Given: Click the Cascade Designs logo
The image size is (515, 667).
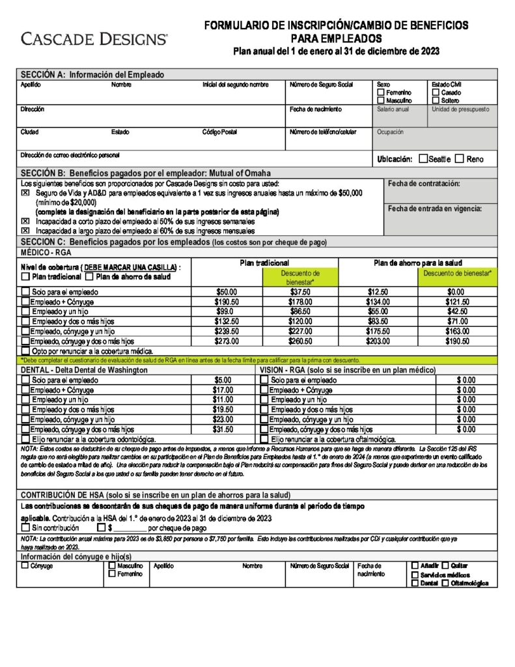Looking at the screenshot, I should (x=94, y=39).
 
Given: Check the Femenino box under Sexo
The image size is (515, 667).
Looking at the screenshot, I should (x=381, y=93).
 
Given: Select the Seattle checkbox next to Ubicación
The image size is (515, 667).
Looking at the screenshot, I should (x=424, y=158).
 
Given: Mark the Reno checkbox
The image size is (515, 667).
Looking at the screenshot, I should (x=460, y=158).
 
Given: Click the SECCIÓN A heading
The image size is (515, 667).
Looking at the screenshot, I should (x=92, y=74).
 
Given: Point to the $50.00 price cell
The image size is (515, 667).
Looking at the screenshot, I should (x=226, y=292).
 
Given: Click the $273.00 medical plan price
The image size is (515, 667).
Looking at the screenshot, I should (x=226, y=341).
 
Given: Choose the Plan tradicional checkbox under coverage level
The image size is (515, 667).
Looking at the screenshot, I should (x=25, y=276).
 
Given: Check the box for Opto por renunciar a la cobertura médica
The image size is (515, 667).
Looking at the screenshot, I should (x=25, y=350).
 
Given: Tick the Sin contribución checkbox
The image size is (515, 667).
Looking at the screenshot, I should (x=25, y=528).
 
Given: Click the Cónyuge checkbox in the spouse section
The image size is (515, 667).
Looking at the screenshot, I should (x=25, y=565).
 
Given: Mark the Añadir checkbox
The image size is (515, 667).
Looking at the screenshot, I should (x=415, y=565).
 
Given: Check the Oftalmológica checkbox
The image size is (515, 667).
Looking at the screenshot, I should (x=445, y=583).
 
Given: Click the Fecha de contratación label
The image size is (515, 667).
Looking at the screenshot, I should (x=423, y=184).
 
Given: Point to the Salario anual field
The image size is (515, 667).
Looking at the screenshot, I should (x=393, y=109).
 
